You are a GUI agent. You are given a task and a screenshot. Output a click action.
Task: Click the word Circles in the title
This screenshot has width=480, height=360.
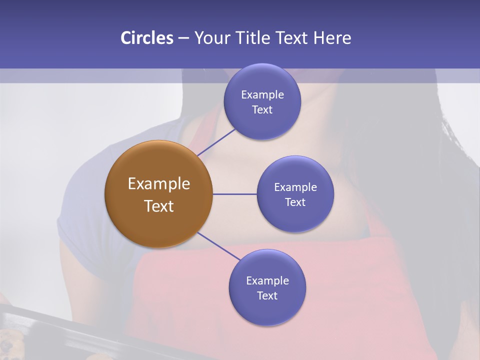coord(147,38)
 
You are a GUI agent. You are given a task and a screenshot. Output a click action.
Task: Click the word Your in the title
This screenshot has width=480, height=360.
coord(212,38)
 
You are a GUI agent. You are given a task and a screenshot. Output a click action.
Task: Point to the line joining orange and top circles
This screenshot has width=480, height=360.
coord(216,141)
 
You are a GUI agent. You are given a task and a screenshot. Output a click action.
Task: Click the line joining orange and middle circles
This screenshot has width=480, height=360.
coord(234,194)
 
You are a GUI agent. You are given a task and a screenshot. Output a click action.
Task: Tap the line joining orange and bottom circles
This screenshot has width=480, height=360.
coord(219,246)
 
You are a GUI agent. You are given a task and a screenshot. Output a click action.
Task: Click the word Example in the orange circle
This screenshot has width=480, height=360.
coord(159,184)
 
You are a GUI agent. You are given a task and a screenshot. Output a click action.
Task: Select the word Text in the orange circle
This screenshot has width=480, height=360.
coord(159,206)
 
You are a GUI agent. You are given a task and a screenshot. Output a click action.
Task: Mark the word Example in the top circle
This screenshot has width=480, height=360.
coord(262,95)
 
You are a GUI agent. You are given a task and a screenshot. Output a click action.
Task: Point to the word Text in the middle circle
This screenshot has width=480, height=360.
coord(295,202)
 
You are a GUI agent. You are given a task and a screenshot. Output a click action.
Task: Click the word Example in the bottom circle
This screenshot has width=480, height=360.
coord(267,280)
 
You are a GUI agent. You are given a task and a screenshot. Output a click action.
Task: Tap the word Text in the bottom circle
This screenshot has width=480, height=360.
coord(267,295)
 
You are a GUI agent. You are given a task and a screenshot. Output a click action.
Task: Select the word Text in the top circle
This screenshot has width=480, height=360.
coord(262,110)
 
